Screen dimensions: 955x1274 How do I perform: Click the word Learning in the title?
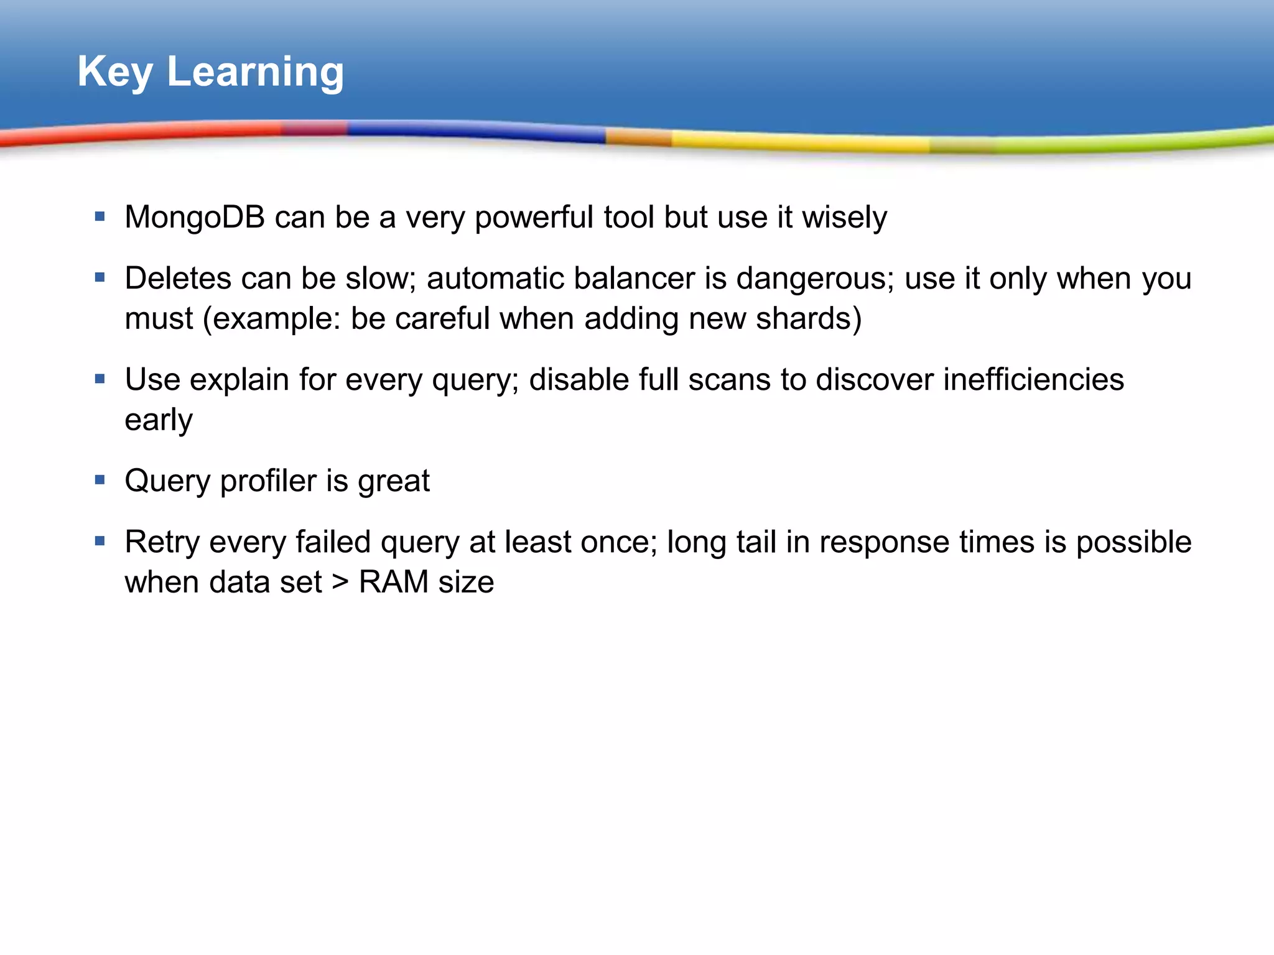click(x=255, y=73)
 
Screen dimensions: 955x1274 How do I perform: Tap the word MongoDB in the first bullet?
click(x=194, y=218)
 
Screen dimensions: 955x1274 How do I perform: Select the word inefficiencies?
click(x=1033, y=380)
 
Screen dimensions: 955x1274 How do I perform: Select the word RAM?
click(x=393, y=583)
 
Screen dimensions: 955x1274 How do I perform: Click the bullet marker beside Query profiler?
click(x=100, y=480)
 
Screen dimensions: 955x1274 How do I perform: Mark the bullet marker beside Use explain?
click(x=100, y=379)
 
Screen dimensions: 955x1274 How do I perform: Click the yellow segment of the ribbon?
click(x=802, y=142)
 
